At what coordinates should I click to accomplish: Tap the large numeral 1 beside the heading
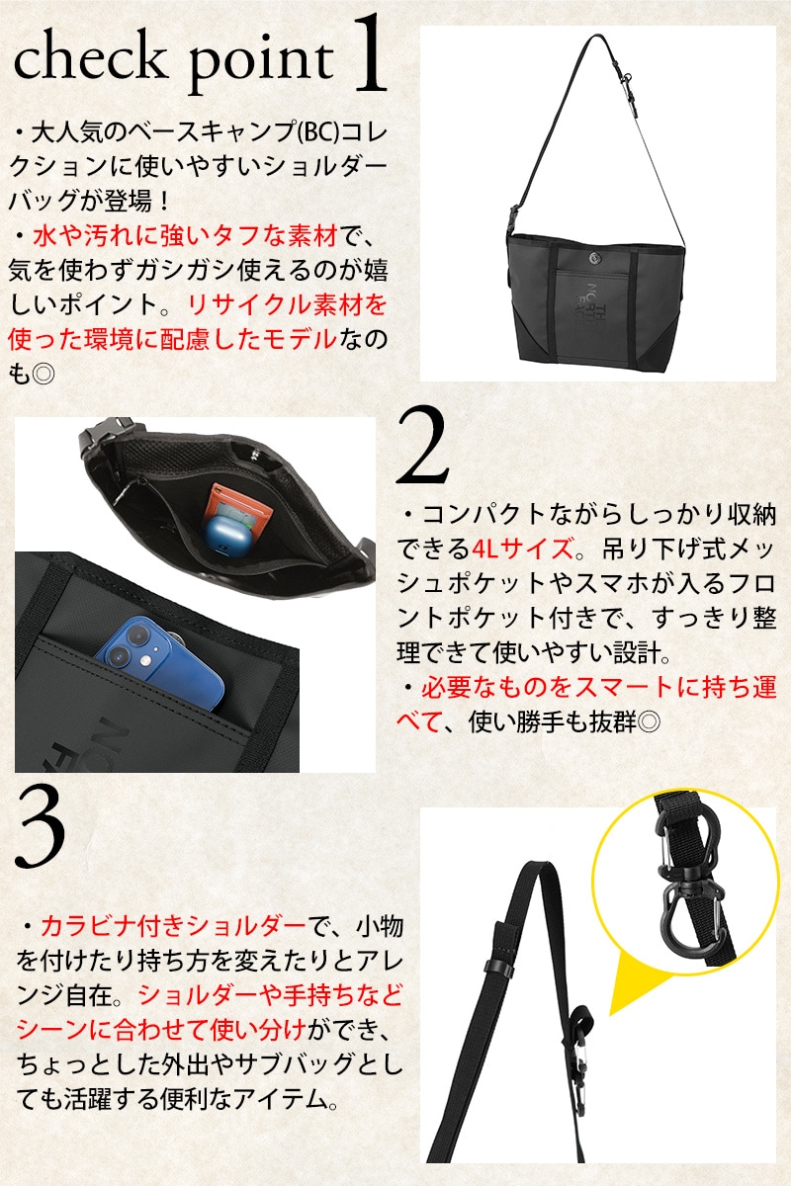[x=368, y=53]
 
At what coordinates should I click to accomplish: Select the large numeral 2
[x=422, y=446]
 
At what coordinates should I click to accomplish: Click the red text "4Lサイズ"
[x=522, y=549]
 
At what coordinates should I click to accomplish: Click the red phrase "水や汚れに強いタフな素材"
[x=186, y=235]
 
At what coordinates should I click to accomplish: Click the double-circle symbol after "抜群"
[x=650, y=720]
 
